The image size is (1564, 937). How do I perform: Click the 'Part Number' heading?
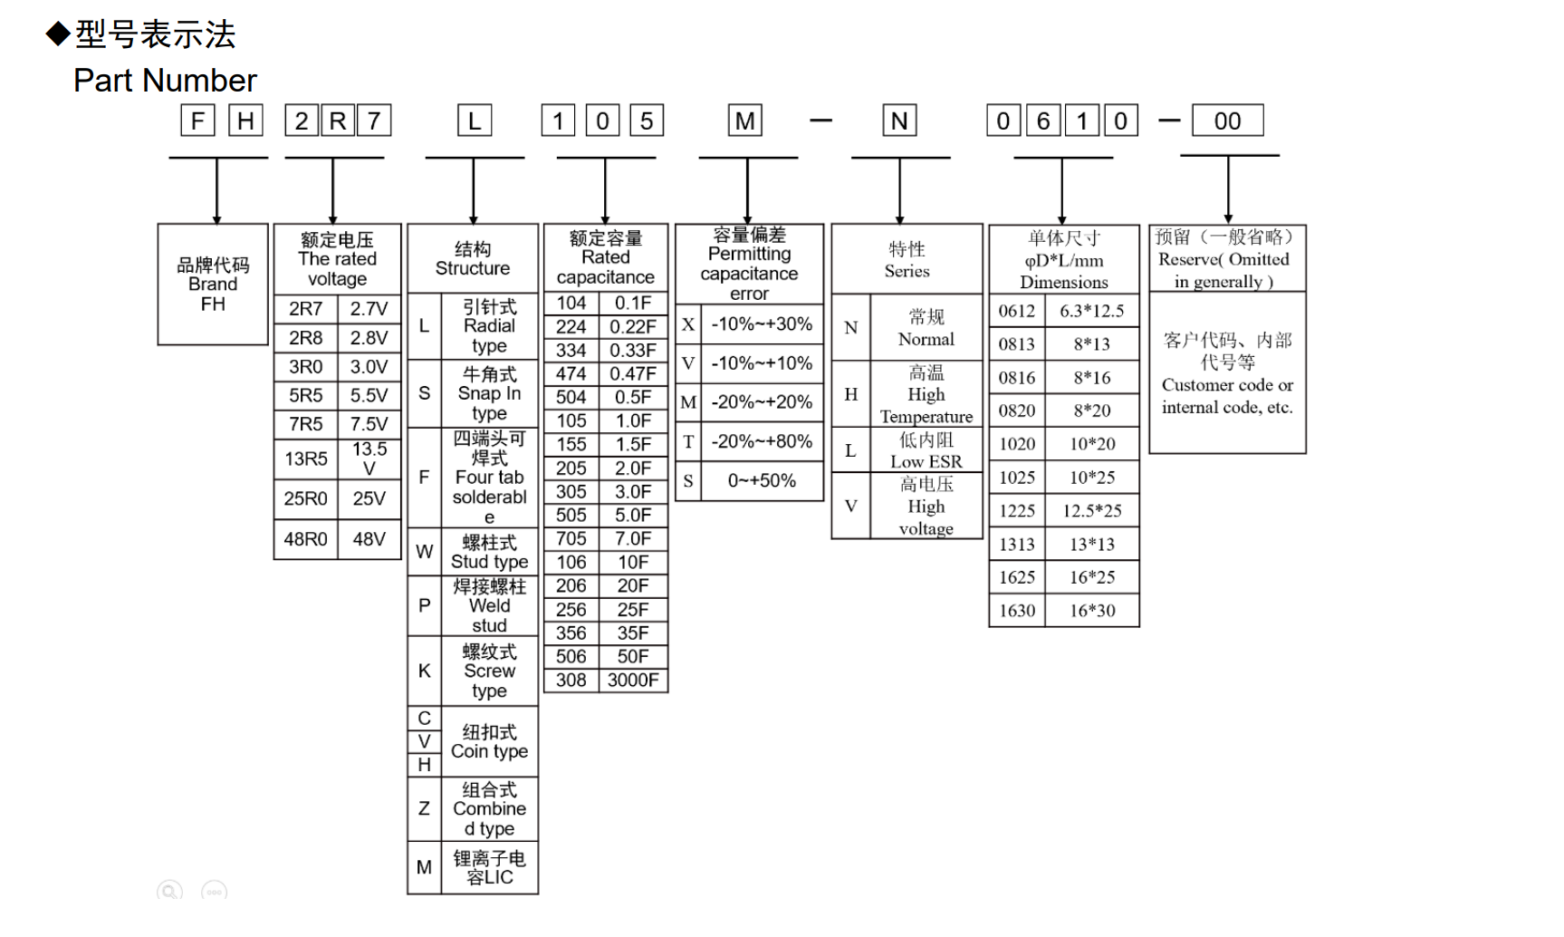[x=165, y=81]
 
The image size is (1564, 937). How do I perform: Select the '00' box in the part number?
[x=1227, y=121]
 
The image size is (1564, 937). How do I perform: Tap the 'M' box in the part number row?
[x=745, y=121]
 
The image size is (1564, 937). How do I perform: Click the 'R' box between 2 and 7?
[x=337, y=121]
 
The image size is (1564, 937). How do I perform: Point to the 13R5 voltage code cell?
[x=306, y=459]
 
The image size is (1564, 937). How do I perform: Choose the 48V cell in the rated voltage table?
[x=369, y=539]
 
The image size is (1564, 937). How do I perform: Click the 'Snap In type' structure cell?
[x=489, y=393]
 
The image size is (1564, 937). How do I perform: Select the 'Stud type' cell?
[x=489, y=552]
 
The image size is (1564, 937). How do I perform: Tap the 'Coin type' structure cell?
[x=489, y=742]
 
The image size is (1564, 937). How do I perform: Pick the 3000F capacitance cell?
[x=633, y=681]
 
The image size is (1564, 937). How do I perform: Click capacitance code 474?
[x=571, y=374]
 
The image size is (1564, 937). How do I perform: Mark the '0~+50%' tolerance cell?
[x=762, y=481]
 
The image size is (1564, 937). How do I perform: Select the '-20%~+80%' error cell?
[x=762, y=442]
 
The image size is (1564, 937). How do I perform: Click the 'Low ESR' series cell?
[x=926, y=450]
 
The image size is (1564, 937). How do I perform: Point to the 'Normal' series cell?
[x=926, y=328]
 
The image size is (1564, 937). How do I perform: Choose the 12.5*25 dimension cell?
[x=1092, y=511]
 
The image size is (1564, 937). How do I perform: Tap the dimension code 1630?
[x=1017, y=611]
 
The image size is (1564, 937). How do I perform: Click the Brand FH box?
[x=213, y=285]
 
